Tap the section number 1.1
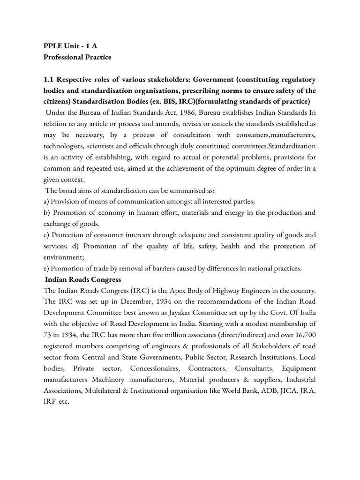49,80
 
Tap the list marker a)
46,202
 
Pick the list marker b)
46,213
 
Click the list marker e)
46,269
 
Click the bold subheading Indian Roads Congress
83,280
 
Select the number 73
48,336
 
